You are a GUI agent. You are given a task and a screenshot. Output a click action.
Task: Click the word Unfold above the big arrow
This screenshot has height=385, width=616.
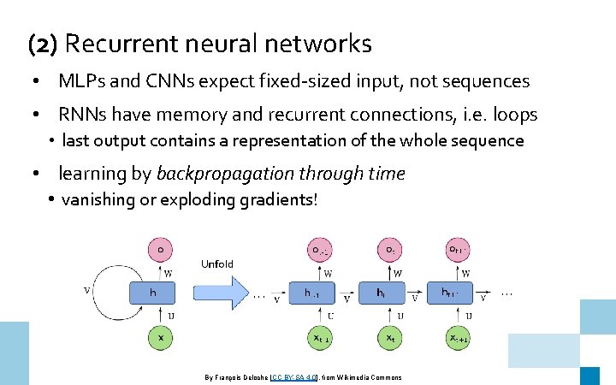click(x=217, y=264)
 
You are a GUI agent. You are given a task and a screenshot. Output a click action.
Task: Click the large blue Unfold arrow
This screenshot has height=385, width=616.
click(x=227, y=293)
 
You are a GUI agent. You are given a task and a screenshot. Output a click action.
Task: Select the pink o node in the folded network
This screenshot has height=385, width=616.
click(x=160, y=249)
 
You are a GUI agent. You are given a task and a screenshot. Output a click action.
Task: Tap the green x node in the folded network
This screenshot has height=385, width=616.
click(x=160, y=337)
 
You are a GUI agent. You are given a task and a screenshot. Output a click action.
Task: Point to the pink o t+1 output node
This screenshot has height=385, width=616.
click(x=458, y=249)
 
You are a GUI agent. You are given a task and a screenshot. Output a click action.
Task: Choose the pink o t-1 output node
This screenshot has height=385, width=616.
click(x=320, y=249)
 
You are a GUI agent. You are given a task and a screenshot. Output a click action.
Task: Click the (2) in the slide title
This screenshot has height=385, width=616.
click(x=42, y=43)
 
